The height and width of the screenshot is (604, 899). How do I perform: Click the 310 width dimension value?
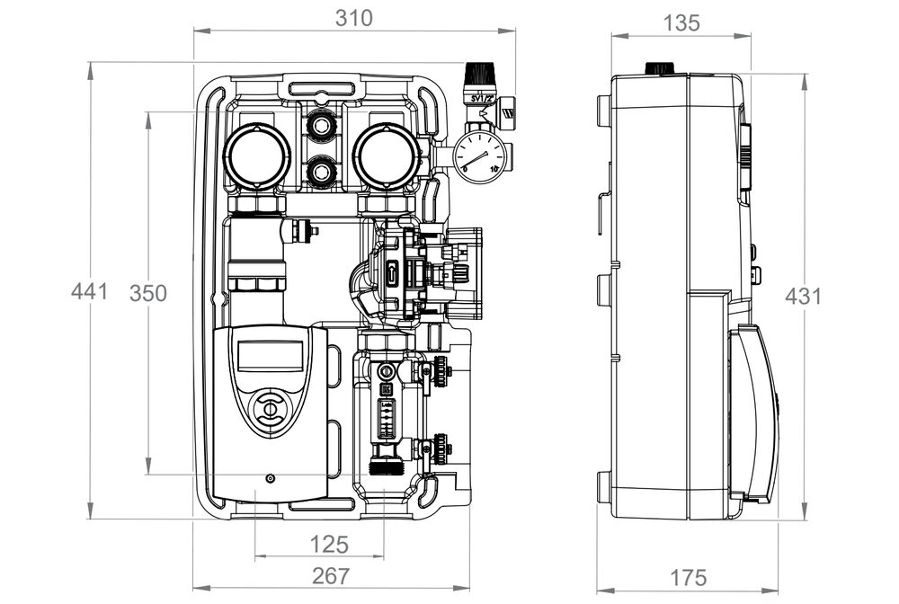(353, 17)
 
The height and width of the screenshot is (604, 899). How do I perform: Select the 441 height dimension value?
(90, 291)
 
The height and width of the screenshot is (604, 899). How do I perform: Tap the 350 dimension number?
(148, 293)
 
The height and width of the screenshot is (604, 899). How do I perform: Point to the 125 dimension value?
(330, 544)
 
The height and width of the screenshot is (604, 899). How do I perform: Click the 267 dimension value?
(330, 576)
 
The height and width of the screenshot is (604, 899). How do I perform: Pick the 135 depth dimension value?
(681, 23)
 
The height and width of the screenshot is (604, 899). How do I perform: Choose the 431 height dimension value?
(803, 296)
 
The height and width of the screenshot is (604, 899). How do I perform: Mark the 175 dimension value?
(688, 577)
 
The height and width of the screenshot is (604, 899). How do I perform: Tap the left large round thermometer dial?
(257, 155)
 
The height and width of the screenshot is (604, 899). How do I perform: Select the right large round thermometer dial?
(387, 155)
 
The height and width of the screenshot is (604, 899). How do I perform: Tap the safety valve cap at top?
(475, 73)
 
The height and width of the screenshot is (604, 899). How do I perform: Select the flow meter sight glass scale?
(386, 417)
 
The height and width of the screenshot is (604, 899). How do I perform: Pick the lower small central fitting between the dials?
(321, 168)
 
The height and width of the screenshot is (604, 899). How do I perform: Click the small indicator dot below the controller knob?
(268, 479)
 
